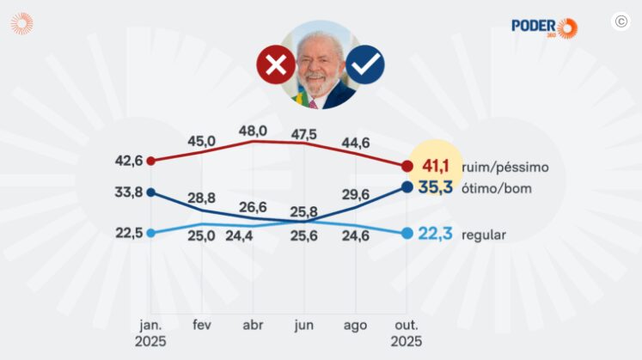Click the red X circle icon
pos(276,64)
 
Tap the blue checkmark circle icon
pos(365,64)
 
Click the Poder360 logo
pos(545,27)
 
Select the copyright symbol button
pos(621,21)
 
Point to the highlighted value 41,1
pos(436,166)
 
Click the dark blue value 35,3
pos(435,187)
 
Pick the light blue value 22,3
pos(435,234)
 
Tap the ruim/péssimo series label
pos(505,167)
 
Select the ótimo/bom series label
pos(497,188)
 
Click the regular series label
pos(484,235)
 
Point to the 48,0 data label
pos(253,131)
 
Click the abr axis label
pos(253,326)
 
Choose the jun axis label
pos(303,326)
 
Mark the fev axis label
pos(202,325)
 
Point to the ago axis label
pos(355,326)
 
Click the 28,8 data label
pos(201,198)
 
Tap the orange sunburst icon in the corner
pos(22,23)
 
